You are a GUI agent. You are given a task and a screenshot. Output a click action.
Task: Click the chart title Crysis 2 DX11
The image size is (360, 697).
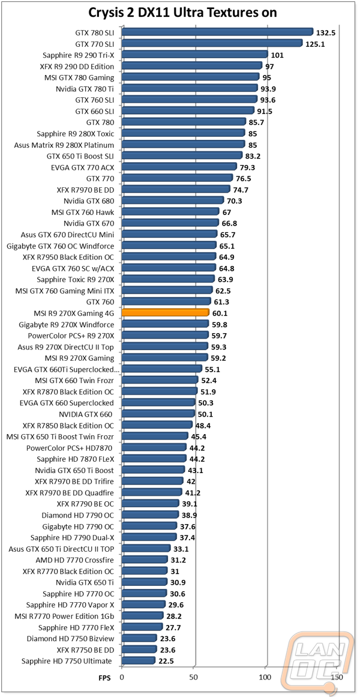[x=179, y=13]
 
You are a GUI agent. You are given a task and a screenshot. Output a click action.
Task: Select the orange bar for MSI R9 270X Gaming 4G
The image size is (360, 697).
[x=166, y=313]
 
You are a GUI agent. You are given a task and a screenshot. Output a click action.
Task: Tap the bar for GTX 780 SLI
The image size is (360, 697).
[x=217, y=32]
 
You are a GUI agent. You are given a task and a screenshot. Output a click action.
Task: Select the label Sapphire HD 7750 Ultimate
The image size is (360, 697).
[x=67, y=661]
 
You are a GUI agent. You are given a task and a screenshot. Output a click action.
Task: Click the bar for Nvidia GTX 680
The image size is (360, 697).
[x=173, y=201]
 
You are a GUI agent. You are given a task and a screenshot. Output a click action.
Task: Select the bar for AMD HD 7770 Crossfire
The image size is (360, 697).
[x=145, y=560]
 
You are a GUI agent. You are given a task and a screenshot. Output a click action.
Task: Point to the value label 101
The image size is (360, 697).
[x=278, y=55]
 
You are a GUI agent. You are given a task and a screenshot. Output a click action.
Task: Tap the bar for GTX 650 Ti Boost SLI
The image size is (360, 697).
[x=182, y=155]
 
